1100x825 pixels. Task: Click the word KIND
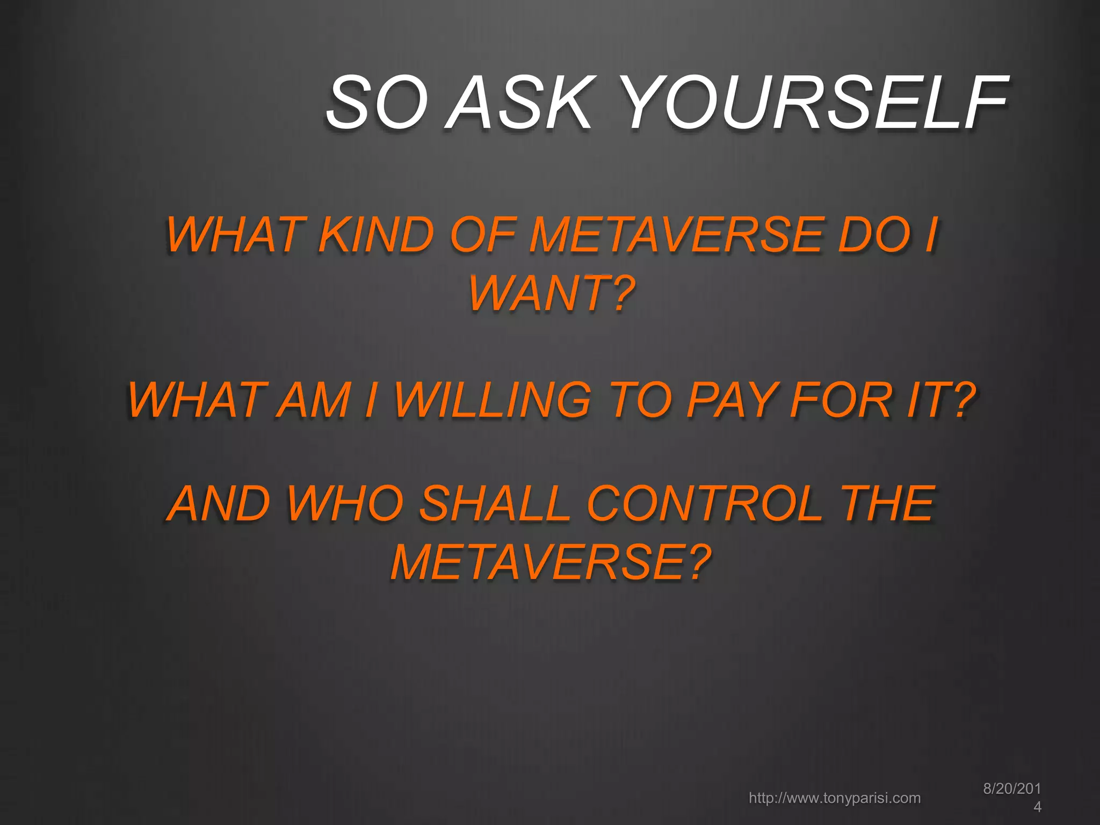[x=376, y=235]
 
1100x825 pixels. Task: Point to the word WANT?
[x=552, y=293]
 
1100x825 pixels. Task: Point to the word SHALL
[x=494, y=503]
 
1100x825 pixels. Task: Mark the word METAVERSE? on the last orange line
[x=551, y=562]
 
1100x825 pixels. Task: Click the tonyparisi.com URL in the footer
[x=835, y=798]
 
